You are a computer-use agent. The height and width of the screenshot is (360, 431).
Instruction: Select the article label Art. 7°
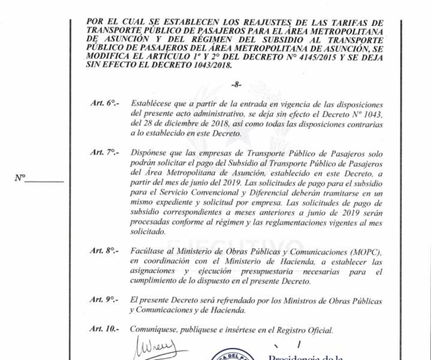point(104,154)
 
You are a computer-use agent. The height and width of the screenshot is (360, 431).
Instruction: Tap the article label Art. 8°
point(104,251)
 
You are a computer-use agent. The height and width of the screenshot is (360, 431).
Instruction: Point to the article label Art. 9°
point(104,299)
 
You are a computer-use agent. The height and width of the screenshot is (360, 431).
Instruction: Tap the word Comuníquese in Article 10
point(156,329)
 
